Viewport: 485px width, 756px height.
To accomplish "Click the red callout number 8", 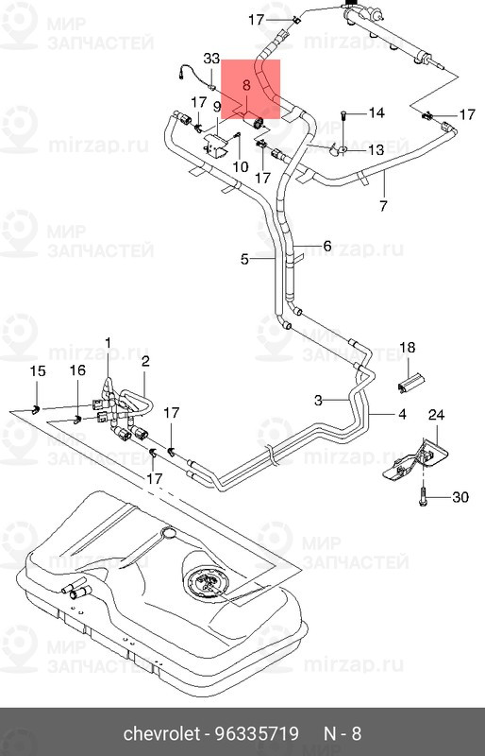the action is pyautogui.click(x=246, y=86).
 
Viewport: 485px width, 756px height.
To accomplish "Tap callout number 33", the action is pyautogui.click(x=211, y=59).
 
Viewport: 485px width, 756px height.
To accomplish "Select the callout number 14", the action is pyautogui.click(x=376, y=112).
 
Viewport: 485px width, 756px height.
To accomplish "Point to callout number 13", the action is pyautogui.click(x=376, y=150).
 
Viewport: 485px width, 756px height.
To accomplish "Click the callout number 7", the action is pyautogui.click(x=383, y=206).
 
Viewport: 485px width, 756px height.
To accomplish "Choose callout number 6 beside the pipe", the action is pyautogui.click(x=327, y=246).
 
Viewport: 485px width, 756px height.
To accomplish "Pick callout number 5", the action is pyautogui.click(x=244, y=259).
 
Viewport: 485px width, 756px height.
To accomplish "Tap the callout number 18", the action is pyautogui.click(x=408, y=348).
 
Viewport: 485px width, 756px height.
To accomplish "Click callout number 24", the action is pyautogui.click(x=436, y=415).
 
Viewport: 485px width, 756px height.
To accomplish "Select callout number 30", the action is pyautogui.click(x=460, y=497).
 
